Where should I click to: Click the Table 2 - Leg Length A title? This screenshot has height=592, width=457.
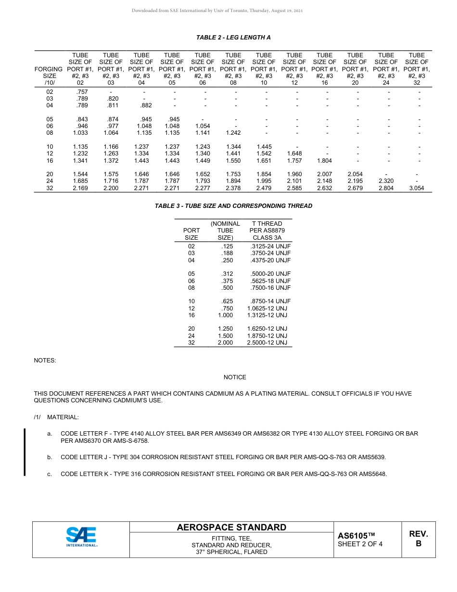point(233,38)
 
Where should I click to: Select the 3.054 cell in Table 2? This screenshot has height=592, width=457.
point(417,188)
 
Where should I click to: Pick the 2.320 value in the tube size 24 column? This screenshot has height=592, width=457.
point(386,181)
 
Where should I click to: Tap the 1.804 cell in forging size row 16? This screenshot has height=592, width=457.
point(325,161)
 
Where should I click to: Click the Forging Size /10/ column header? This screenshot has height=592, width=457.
point(50,76)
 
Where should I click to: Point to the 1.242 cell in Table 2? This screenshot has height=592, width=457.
point(233,133)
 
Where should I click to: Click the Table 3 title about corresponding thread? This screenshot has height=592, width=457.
point(233,206)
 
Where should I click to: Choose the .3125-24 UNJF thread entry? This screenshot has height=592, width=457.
point(271,246)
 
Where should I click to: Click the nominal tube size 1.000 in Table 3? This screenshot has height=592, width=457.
point(225,315)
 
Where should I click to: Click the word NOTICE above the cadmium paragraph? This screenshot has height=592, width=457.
point(235,377)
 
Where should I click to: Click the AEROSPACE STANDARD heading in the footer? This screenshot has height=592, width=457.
point(231,528)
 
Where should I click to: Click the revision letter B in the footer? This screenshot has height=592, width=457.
point(418,543)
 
